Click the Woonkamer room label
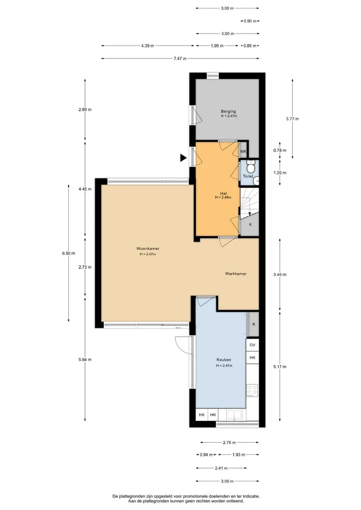tap(147, 249)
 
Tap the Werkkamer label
tap(236, 274)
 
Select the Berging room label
tap(228, 111)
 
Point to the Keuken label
tap(224, 360)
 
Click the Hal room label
tap(223, 193)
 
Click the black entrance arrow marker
tap(184, 158)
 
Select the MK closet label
tap(243, 151)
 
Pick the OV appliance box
tap(252, 345)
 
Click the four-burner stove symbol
tap(252, 390)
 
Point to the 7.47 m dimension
tap(180, 59)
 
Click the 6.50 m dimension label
tap(69, 253)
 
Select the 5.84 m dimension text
tap(85, 360)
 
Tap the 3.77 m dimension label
tap(292, 119)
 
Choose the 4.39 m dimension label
tap(147, 46)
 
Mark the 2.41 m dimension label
tap(221, 468)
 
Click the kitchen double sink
tap(234, 415)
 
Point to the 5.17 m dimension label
tap(280, 367)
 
